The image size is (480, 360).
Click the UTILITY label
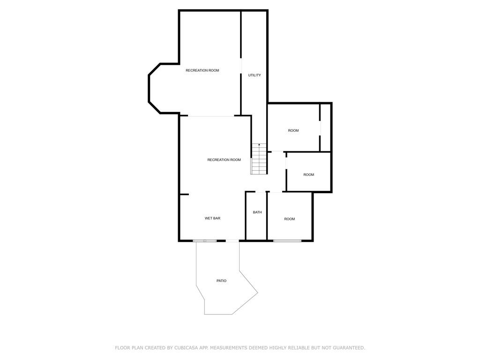point(255,75)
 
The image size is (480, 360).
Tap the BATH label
point(257,212)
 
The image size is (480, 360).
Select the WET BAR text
point(212,218)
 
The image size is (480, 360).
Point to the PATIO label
point(221,281)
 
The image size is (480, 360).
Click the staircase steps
point(259,159)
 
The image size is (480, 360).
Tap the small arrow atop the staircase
point(259,144)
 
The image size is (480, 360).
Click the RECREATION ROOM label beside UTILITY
point(202,70)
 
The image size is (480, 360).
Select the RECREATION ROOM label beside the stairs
point(224,160)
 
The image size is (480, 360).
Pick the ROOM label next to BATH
point(289,219)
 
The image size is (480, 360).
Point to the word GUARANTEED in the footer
point(349,348)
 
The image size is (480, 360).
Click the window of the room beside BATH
point(287,241)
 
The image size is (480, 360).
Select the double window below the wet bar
point(205,241)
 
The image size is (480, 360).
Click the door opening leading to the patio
point(232,241)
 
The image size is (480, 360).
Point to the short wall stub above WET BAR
point(184,194)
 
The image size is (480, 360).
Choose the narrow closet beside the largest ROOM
point(325,127)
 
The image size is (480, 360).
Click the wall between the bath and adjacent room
point(267,216)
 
